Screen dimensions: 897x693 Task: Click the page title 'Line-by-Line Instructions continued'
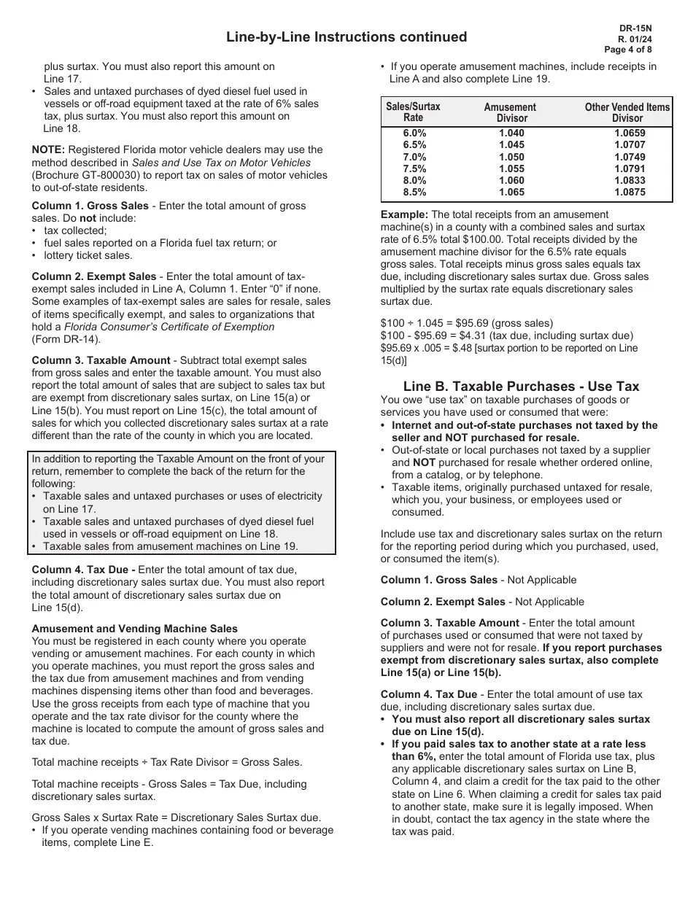pos(346,37)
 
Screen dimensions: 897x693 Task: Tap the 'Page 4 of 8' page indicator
pos(628,50)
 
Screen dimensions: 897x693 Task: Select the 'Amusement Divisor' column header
pos(511,112)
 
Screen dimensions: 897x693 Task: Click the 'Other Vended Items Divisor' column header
pos(627,112)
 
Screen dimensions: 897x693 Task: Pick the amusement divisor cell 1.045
pos(511,145)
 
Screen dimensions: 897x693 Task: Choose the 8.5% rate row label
pos(414,193)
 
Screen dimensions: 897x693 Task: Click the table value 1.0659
pos(629,133)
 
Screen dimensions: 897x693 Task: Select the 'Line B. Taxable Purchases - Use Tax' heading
pos(521,387)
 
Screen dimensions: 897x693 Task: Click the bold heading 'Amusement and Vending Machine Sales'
pos(134,629)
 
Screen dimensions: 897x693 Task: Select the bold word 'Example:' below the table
pos(404,214)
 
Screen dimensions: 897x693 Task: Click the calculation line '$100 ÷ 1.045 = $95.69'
pos(467,322)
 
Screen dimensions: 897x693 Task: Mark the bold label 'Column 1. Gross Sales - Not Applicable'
pos(479,580)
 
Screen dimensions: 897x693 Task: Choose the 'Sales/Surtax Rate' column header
pos(413,112)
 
